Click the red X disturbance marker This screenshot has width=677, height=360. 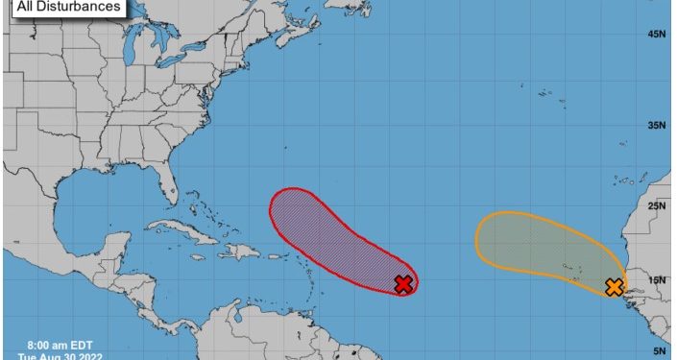click(404, 283)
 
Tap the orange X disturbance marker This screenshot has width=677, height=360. click(614, 287)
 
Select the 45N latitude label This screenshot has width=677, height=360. click(657, 35)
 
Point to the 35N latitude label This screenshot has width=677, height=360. click(657, 125)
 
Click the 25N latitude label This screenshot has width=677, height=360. click(657, 205)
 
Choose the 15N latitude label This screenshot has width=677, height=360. click(657, 280)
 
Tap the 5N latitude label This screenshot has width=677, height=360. click(660, 351)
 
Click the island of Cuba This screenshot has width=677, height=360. click(181, 231)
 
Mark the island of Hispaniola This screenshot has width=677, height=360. click(240, 252)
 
